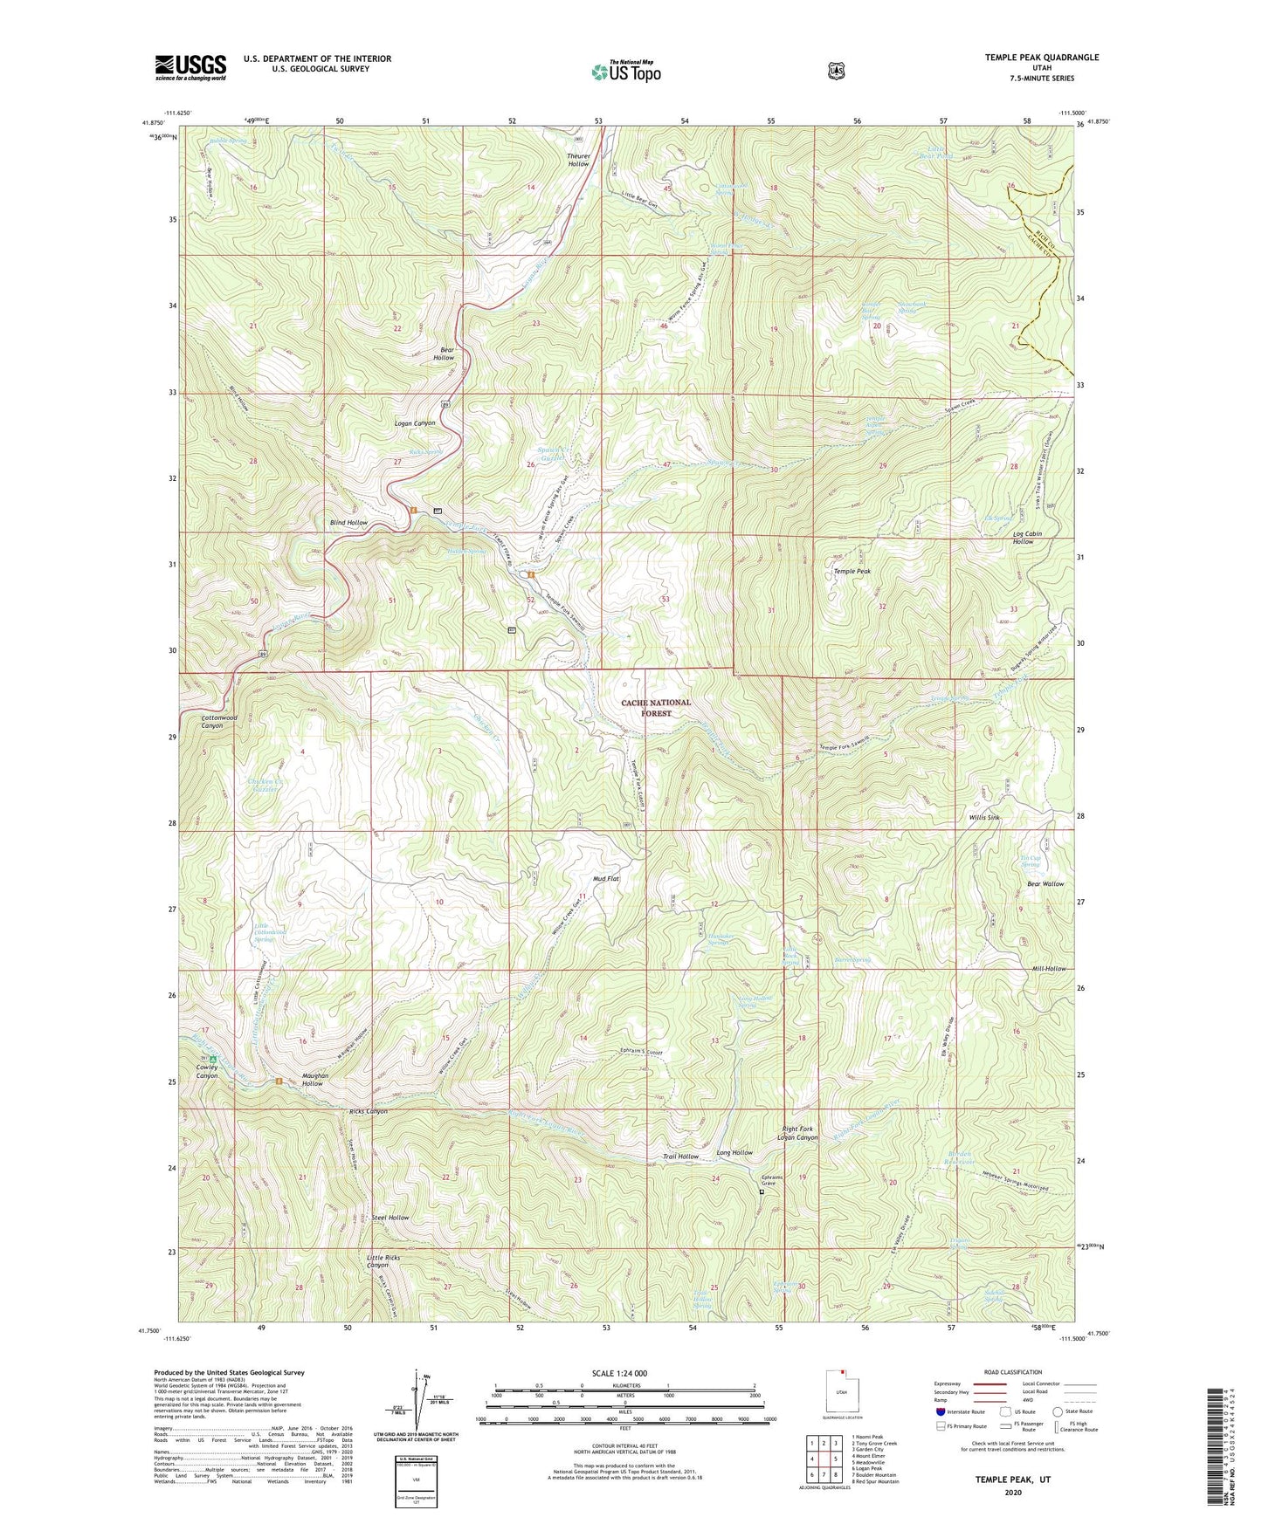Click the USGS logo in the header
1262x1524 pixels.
click(190, 67)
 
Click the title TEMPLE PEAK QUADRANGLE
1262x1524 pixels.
click(1041, 58)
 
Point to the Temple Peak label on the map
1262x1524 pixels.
click(852, 571)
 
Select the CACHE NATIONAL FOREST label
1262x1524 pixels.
click(656, 707)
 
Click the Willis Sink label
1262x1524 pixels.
click(983, 817)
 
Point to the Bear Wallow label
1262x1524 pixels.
click(1045, 883)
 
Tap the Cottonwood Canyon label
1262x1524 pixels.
click(218, 721)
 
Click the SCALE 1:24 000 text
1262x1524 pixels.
click(619, 1373)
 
